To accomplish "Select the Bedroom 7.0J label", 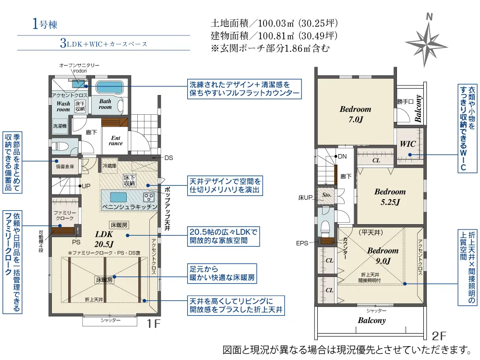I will click(355, 114).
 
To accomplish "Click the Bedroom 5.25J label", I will click(390, 197).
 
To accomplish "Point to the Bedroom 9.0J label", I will click(383, 255).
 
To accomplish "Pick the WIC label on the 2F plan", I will click(408, 144).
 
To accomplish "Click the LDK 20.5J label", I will click(104, 239).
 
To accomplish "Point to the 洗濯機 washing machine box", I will click(60, 126).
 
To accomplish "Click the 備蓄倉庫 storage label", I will click(64, 167).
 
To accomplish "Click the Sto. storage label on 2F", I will click(327, 195).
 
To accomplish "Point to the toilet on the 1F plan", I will click(59, 145).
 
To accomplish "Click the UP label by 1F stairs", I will click(86, 186).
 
